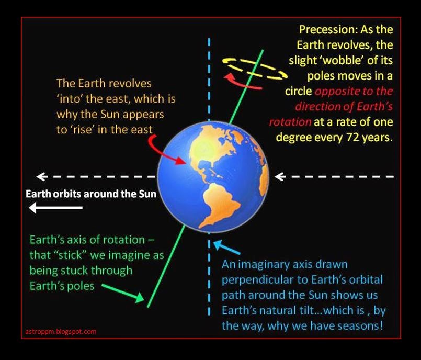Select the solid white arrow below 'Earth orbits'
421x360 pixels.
55,208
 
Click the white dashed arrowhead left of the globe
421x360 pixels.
42,177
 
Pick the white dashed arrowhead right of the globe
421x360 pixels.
280,177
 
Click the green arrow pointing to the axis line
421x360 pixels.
123,293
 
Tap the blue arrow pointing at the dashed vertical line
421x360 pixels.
226,247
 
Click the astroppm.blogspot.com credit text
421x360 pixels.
61,332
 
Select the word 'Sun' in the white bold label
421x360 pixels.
147,194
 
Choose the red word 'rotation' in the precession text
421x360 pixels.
290,122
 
